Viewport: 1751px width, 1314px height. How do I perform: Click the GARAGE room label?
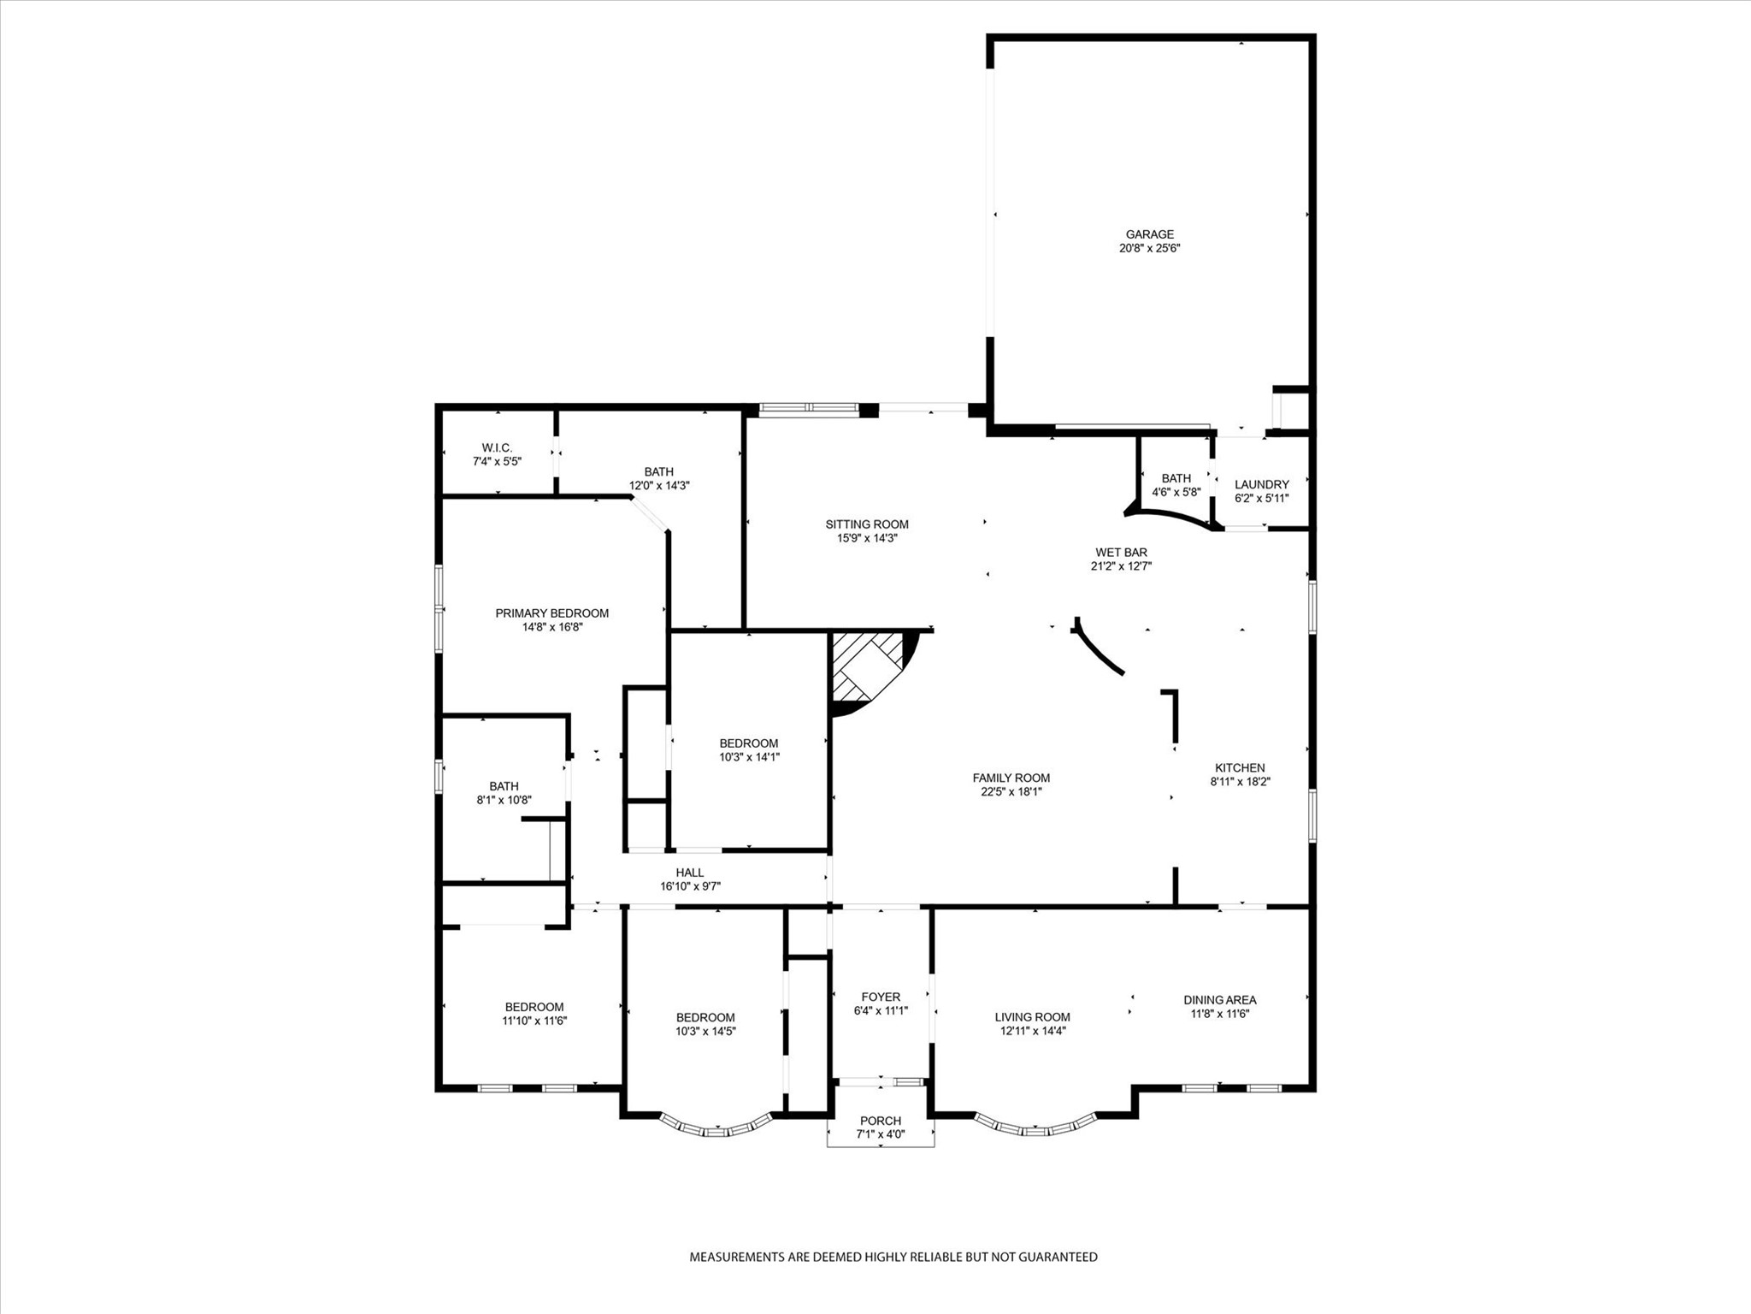[1149, 234]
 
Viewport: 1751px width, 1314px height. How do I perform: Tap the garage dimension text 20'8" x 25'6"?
[1149, 249]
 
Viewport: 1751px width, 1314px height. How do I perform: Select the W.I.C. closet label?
[497, 447]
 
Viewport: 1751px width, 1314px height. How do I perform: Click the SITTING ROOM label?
[866, 524]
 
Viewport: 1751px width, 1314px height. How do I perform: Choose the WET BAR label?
[1121, 553]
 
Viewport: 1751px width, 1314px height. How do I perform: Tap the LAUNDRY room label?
[1261, 484]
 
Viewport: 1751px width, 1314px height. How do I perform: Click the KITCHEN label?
[1240, 768]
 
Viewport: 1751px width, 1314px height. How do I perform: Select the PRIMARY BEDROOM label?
[551, 613]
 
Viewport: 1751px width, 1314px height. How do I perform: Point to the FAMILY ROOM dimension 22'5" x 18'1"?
[1011, 792]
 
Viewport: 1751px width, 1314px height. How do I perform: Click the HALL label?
[689, 873]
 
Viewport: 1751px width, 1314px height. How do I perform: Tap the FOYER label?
[880, 997]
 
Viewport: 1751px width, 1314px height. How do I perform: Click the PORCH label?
[880, 1121]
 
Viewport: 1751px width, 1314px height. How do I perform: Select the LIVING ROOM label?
[1032, 1017]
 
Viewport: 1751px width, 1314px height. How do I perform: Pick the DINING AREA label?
[1219, 1000]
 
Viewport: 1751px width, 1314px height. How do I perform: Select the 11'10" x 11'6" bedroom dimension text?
[534, 1021]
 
